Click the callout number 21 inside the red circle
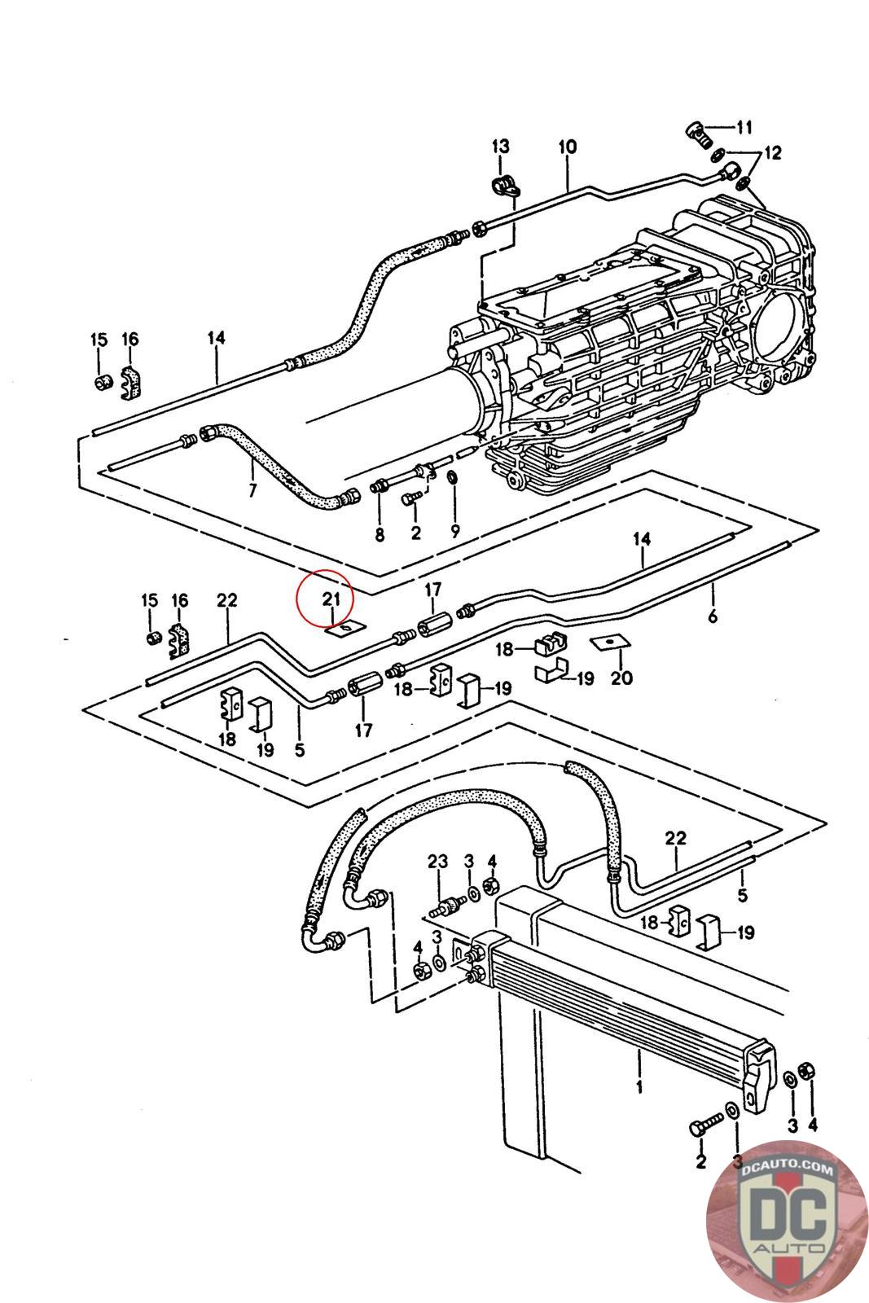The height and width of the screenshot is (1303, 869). pyautogui.click(x=331, y=598)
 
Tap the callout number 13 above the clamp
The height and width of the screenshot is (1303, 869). pyautogui.click(x=500, y=146)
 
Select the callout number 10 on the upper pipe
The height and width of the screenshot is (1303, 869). pyautogui.click(x=567, y=147)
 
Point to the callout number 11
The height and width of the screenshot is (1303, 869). pyautogui.click(x=744, y=127)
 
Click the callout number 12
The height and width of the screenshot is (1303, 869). pyautogui.click(x=772, y=153)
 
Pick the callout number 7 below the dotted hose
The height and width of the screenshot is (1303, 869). pyautogui.click(x=252, y=491)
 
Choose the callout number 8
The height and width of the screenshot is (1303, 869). pyautogui.click(x=380, y=534)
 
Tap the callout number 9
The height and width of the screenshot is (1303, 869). pyautogui.click(x=454, y=530)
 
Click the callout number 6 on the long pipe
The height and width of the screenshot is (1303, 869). pyautogui.click(x=713, y=615)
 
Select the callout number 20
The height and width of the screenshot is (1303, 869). pyautogui.click(x=621, y=678)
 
